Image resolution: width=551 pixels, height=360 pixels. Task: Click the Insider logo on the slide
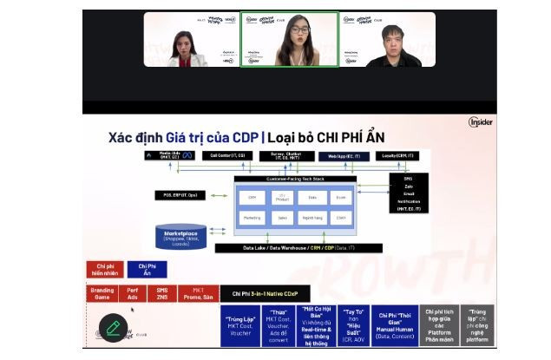tap(480, 122)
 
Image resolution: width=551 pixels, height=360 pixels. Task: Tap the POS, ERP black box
tap(181, 195)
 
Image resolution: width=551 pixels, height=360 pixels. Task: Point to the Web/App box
tap(344, 156)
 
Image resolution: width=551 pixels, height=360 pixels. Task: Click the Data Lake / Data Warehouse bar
tap(311, 248)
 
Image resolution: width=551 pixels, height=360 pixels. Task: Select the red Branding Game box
tap(102, 293)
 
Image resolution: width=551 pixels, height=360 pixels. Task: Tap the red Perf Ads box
tap(132, 293)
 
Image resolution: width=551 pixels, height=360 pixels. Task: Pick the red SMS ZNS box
tap(162, 293)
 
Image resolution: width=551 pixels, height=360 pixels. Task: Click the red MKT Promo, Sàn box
tap(198, 293)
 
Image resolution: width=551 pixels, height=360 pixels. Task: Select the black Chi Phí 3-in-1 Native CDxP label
tap(265, 294)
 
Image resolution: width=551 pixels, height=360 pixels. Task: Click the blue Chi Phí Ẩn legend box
tap(148, 269)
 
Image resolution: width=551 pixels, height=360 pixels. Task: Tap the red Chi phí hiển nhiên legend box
tap(105, 269)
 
